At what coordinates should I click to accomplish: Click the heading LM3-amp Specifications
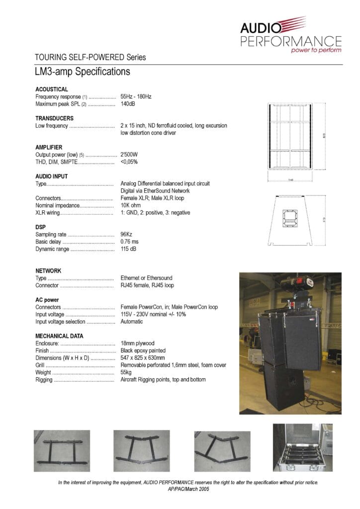pyautogui.click(x=82, y=72)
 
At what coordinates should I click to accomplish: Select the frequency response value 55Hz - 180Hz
pyautogui.click(x=136, y=96)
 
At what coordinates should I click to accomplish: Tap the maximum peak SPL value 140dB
pyautogui.click(x=128, y=104)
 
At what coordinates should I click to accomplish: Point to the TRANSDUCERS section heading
pyautogui.click(x=54, y=118)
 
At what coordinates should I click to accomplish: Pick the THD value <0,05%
pyautogui.click(x=129, y=162)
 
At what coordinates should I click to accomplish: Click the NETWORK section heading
pyautogui.click(x=48, y=271)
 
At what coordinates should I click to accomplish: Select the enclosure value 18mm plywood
pyautogui.click(x=138, y=343)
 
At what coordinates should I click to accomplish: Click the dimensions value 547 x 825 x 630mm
pyautogui.click(x=150, y=358)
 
